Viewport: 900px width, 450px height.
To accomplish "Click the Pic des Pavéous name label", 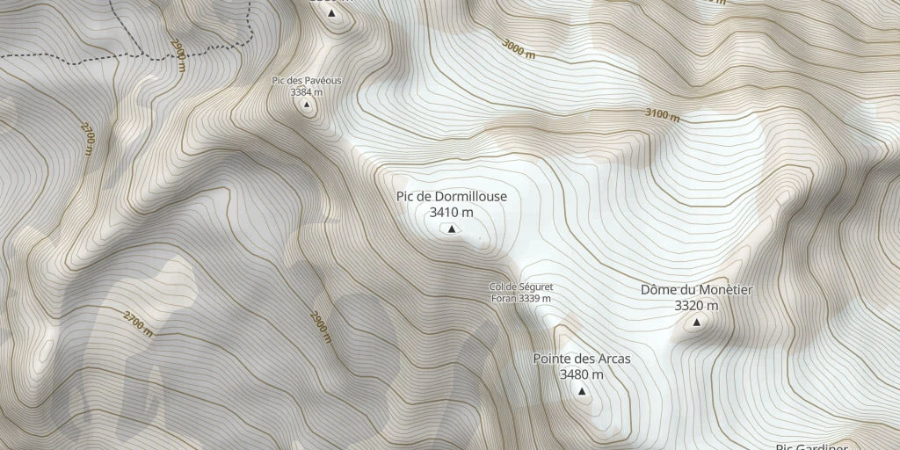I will (307, 81).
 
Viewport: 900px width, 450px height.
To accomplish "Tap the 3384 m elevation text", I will (307, 91).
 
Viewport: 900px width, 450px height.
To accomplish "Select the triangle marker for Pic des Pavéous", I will (307, 105).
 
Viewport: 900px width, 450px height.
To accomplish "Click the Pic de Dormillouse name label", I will (451, 197).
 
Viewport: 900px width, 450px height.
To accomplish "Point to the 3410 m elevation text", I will (451, 212).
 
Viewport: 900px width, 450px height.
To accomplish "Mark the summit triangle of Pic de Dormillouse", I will (452, 229).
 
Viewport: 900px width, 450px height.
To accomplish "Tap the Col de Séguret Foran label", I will (521, 287).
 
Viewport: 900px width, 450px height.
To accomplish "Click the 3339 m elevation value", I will (534, 299).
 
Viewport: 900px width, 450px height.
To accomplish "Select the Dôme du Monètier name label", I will (696, 290).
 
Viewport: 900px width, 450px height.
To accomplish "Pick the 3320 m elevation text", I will (696, 306).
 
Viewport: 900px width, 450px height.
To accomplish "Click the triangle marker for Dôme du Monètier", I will (697, 323).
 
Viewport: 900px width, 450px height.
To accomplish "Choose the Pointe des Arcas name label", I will (581, 359).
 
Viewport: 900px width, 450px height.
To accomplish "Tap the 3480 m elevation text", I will (581, 374).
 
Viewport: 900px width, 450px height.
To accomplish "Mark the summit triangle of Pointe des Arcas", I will (581, 391).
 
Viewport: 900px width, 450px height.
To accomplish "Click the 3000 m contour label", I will (519, 48).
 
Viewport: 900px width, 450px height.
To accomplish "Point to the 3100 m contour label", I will (662, 114).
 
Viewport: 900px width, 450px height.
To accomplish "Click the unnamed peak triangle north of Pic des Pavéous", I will (331, 13).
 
